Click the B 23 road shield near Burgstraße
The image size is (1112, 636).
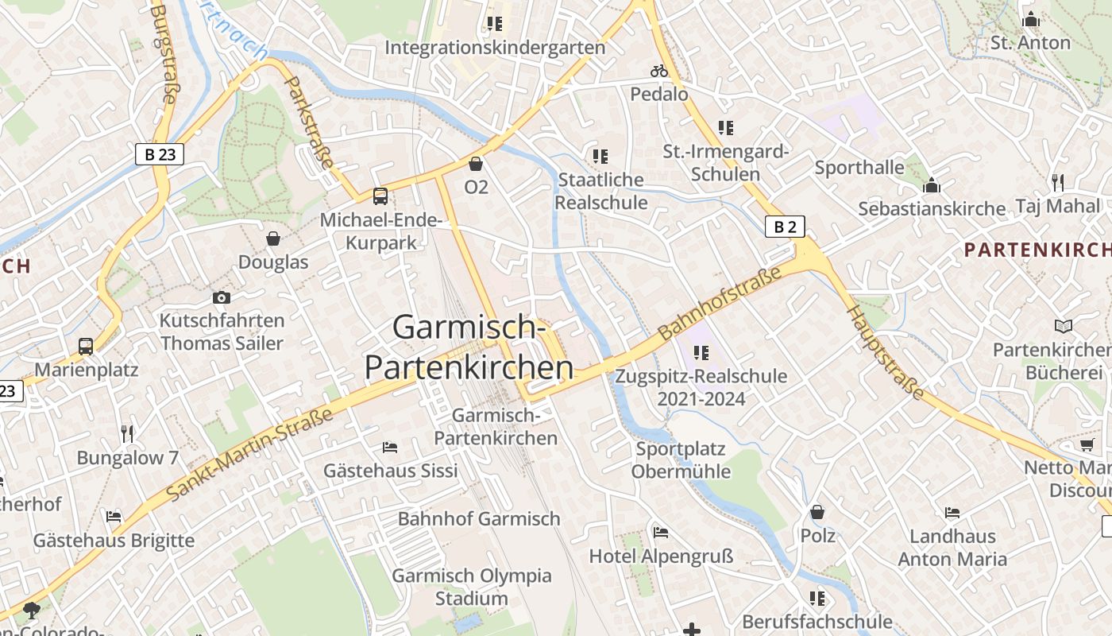pyautogui.click(x=160, y=154)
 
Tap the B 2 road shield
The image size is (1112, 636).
pyautogui.click(x=785, y=227)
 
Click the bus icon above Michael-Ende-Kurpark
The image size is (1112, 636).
pyautogui.click(x=380, y=196)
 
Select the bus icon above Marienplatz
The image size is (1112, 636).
pyautogui.click(x=86, y=347)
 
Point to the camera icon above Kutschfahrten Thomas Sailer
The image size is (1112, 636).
pyautogui.click(x=222, y=297)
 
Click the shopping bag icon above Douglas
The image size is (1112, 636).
pyautogui.click(x=273, y=238)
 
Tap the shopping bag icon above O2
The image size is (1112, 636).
pyautogui.click(x=476, y=164)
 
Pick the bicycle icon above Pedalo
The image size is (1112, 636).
pyautogui.click(x=659, y=71)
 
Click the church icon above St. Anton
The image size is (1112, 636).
pyautogui.click(x=1031, y=19)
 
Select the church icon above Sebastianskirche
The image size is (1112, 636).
pyautogui.click(x=932, y=186)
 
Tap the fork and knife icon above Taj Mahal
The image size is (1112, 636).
pyautogui.click(x=1057, y=183)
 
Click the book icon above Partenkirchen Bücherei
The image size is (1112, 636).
pyautogui.click(x=1064, y=326)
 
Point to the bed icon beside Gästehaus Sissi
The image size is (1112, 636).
pyautogui.click(x=390, y=448)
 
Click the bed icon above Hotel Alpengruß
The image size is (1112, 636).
pyautogui.click(x=661, y=532)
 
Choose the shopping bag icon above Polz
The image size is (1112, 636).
pyautogui.click(x=817, y=512)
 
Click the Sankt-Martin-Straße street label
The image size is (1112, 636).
pyautogui.click(x=249, y=455)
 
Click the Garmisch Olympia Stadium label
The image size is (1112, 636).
pyautogui.click(x=472, y=587)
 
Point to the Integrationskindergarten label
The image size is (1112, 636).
pyautogui.click(x=495, y=48)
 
